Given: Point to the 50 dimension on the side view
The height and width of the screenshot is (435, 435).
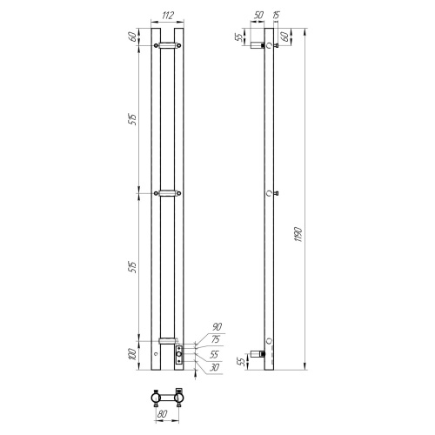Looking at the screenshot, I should [259, 16].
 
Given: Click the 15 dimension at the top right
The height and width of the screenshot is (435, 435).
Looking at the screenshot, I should [276, 16].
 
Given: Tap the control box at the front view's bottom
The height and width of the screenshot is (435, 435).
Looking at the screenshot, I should [179, 353].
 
